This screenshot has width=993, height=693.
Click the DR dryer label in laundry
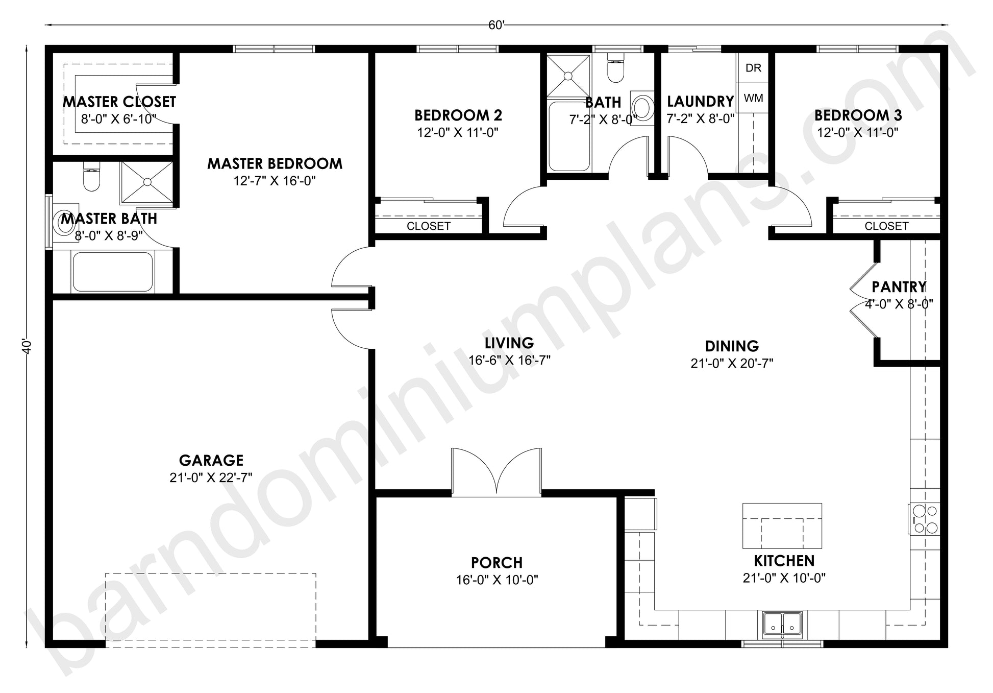pos(753,68)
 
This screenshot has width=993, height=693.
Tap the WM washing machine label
pos(753,98)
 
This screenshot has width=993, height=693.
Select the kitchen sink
pos(783,624)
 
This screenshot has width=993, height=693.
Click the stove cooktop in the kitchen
pos(924,519)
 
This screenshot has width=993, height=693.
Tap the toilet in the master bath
pos(91,176)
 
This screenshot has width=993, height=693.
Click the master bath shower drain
pos(147,182)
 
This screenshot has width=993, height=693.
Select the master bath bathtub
pos(112,272)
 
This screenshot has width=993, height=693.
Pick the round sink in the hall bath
pos(642,108)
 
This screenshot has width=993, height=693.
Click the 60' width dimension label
pos(496,25)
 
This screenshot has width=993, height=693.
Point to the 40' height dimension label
pos(27,346)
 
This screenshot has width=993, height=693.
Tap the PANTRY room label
pos(899,287)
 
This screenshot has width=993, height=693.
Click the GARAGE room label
pos(211,461)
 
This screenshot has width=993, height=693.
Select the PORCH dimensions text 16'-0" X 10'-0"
pos(497,580)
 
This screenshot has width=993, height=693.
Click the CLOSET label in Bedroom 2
pos(429,226)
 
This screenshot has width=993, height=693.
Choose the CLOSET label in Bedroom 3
pos(886,226)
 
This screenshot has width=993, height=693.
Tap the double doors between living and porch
pos(496,472)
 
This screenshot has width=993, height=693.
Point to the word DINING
pos(732,346)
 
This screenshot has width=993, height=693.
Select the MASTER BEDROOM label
pos(275,164)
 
